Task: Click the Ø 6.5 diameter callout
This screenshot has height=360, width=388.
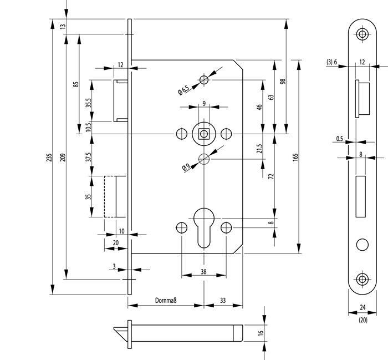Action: (183, 89)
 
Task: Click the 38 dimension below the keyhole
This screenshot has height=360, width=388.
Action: (203, 272)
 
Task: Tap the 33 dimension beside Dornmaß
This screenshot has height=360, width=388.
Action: (223, 300)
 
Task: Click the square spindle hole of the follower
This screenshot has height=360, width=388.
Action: (203, 133)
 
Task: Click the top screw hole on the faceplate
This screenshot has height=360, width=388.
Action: (363, 34)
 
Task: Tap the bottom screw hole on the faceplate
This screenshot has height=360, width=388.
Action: (363, 279)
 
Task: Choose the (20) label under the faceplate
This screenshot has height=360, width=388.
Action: (363, 321)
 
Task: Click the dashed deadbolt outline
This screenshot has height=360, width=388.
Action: (113, 196)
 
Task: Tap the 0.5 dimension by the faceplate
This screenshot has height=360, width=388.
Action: (339, 139)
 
